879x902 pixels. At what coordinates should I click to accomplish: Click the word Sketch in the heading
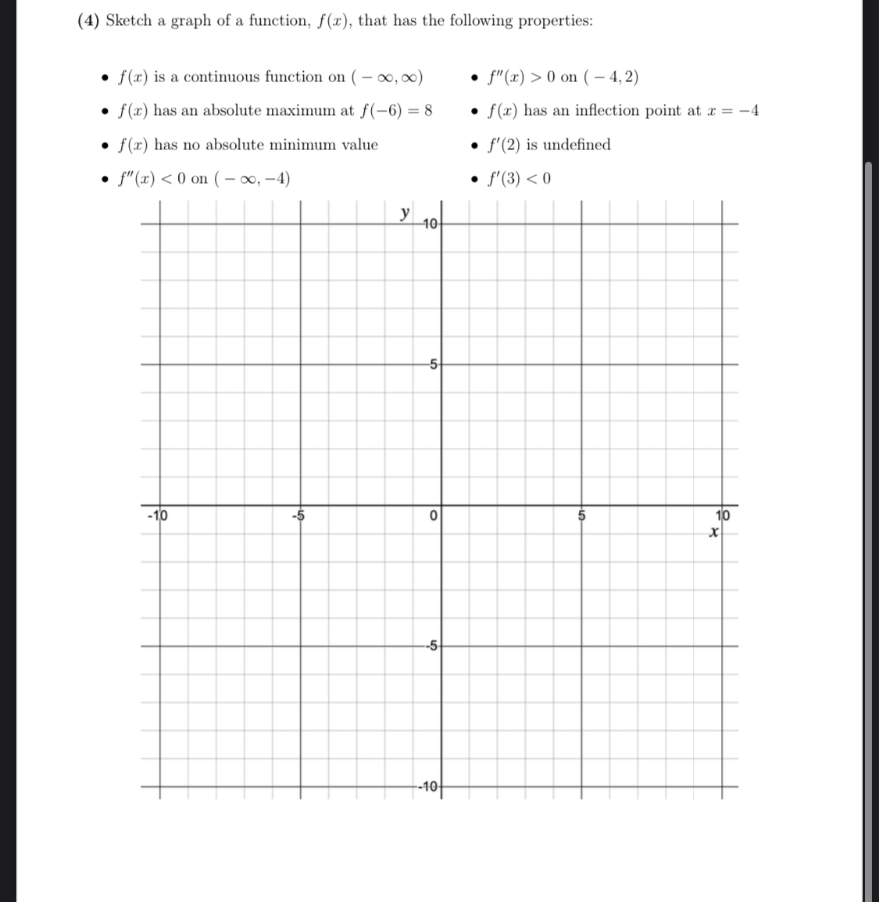click(128, 20)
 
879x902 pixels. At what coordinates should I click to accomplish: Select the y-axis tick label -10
click(430, 786)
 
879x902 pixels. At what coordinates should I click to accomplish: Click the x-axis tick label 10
click(723, 515)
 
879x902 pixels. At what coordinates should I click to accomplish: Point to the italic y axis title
click(404, 213)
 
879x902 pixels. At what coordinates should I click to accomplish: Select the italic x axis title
click(713, 532)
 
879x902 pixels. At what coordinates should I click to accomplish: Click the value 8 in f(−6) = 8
click(428, 110)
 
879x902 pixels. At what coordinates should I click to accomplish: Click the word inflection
click(608, 110)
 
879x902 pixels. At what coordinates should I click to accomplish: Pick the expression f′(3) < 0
click(519, 178)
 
